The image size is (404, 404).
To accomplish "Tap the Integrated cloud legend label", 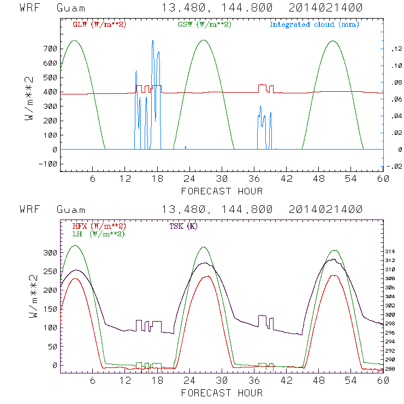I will pos(314,25).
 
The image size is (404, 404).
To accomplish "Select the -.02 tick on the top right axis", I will pos(393,167).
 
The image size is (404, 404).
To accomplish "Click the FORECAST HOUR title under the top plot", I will pos(222,191).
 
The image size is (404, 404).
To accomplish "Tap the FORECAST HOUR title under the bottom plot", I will pos(222,393).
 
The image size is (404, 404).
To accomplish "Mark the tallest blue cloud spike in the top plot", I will pos(152,41).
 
